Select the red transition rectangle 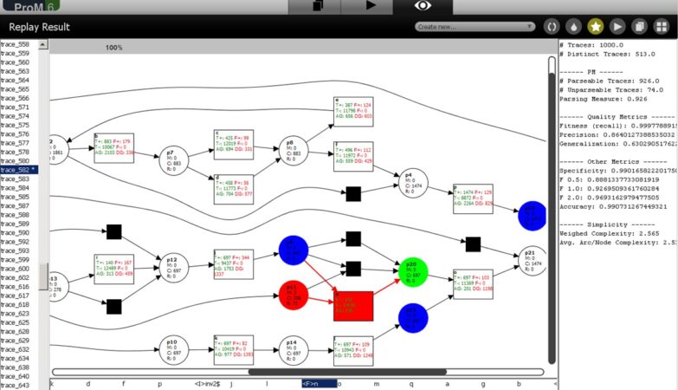click(x=352, y=305)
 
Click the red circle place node click(x=294, y=295)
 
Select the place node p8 click(x=293, y=149)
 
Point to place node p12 click(x=171, y=264)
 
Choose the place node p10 click(x=171, y=348)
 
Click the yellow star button click(x=596, y=27)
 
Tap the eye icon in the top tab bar click(x=422, y=6)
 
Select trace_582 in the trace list click(x=16, y=170)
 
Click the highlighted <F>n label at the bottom click(x=319, y=383)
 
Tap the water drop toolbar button click(x=573, y=27)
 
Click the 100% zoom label click(x=113, y=48)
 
